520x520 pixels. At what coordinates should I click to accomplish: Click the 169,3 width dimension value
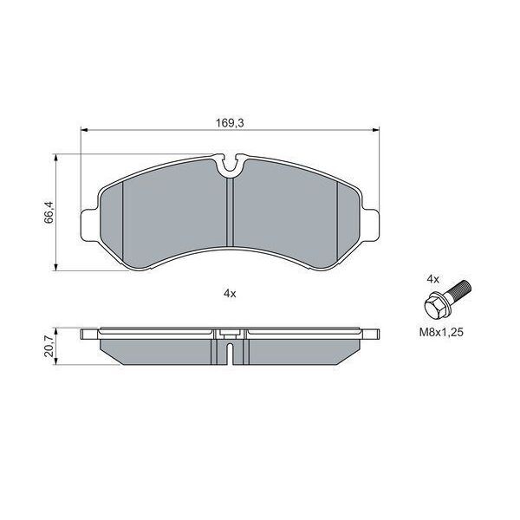pyautogui.click(x=228, y=123)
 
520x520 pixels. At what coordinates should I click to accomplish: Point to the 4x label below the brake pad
pyautogui.click(x=230, y=294)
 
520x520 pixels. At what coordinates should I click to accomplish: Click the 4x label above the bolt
pyautogui.click(x=433, y=279)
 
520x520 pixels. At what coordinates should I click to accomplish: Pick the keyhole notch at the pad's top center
pyautogui.click(x=230, y=161)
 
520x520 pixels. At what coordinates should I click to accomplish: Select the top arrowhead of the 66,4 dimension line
pyautogui.click(x=57, y=159)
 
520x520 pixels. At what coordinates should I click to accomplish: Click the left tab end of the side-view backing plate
pyautogui.click(x=88, y=334)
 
